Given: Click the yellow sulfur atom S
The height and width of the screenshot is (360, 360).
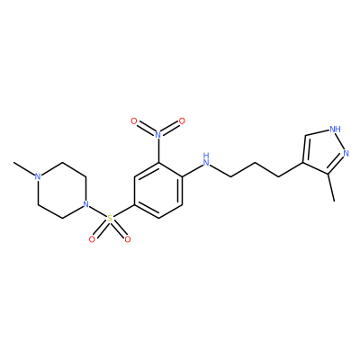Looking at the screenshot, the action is pos(110,219).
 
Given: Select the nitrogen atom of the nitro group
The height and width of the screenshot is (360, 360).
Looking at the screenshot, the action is pos(158,134).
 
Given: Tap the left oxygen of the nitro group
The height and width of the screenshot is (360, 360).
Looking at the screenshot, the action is pos(134,121).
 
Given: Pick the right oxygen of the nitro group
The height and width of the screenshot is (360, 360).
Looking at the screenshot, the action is pos(182,121).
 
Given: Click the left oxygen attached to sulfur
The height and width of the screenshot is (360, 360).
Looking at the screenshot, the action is pos(92,239).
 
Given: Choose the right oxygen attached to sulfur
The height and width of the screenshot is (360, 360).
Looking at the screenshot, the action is pos(128,239).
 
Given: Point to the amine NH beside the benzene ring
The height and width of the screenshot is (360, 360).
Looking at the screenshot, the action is pos(206,159).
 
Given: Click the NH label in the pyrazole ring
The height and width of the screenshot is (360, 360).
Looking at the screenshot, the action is pos(335,130).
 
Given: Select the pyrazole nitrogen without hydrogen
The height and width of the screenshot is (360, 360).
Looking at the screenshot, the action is pos(346,154).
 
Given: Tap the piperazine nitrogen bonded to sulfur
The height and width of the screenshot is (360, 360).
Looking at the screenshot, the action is pos(86,205).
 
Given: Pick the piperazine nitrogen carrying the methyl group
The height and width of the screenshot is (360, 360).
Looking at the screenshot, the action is pos(38,176).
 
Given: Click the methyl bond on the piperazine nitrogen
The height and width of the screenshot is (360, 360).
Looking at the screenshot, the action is pos(24,169).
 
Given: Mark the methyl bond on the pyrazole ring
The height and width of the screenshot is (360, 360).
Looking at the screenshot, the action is pos(330,187).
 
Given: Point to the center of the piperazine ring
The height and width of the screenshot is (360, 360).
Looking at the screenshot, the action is pos(62,191).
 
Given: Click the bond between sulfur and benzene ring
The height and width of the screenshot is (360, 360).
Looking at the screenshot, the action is pos(124,211).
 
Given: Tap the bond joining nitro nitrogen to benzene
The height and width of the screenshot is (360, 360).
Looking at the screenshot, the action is pos(158,150).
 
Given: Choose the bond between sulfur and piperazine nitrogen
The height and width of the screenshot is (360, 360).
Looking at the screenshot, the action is pos(98,211).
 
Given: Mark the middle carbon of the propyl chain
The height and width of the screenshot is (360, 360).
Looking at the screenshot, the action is pos(255,163).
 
